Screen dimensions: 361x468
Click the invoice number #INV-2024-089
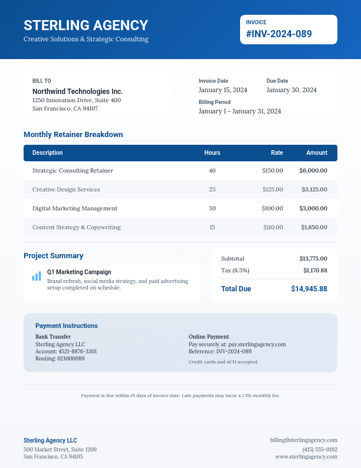pos(279,34)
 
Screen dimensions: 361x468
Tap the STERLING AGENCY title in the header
pos(86,25)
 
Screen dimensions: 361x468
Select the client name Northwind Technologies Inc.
pos(77,92)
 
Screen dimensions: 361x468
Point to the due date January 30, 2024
pos(291,90)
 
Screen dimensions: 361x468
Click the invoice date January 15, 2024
pos(223,90)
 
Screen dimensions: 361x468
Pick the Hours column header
pos(212,152)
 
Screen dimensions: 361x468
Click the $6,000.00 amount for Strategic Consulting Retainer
pos(313,170)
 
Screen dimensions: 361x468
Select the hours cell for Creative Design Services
pos(212,189)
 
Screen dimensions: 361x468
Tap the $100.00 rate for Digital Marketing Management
pos(273,208)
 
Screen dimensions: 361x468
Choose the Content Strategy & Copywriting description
pos(77,227)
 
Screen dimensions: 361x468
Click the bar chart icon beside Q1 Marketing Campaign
pos(37,276)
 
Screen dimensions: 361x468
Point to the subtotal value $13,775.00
pos(313,258)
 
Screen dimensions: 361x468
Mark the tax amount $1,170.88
pos(315,270)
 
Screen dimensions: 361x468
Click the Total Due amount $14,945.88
pos(309,289)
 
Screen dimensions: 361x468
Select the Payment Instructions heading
pos(67,326)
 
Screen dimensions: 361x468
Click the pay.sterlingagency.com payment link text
pos(257,344)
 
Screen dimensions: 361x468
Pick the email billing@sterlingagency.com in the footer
pos(304,440)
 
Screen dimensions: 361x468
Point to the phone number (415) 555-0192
pos(320,449)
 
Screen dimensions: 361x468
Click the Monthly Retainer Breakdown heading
pos(73,134)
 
